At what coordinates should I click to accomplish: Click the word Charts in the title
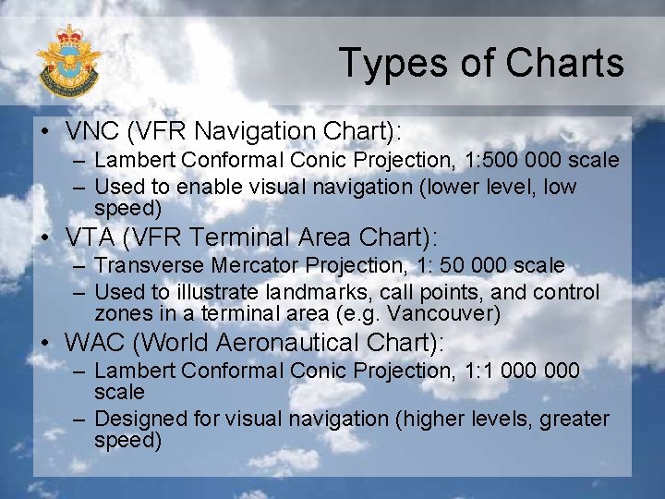566,63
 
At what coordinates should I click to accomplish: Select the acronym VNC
90,130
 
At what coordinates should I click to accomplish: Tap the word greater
574,420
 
